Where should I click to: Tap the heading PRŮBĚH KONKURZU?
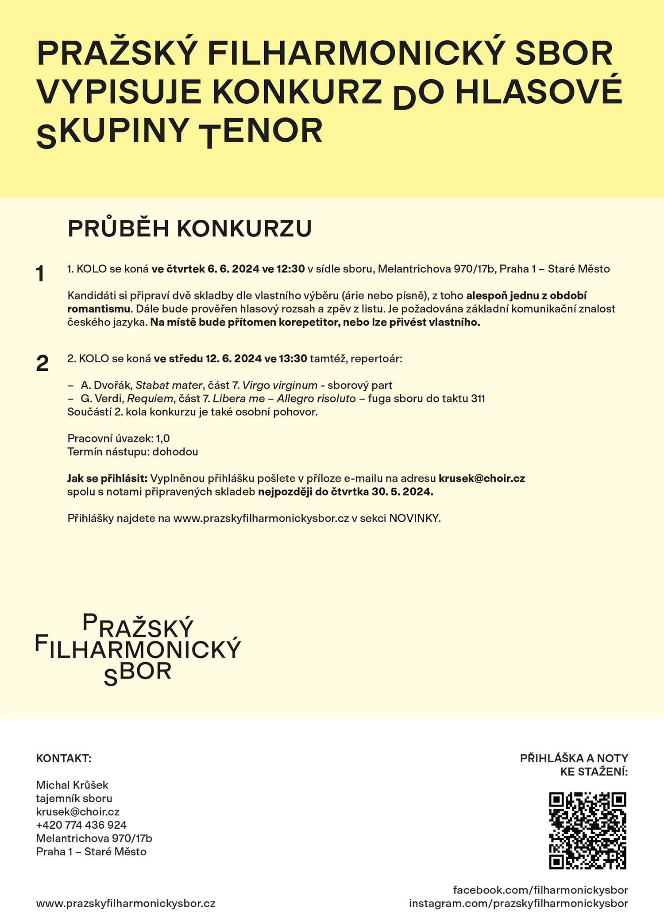click(189, 229)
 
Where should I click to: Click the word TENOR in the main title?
click(261, 132)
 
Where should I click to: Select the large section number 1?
click(40, 274)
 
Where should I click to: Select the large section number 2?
click(42, 364)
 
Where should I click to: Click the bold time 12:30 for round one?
click(291, 269)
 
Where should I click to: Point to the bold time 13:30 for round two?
click(293, 358)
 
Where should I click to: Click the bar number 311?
click(478, 399)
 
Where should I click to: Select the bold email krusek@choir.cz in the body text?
click(482, 478)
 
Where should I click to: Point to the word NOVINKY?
click(415, 519)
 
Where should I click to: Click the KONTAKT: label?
click(63, 758)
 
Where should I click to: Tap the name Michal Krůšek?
click(72, 785)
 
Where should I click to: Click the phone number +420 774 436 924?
click(81, 825)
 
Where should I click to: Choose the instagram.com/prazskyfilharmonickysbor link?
click(518, 903)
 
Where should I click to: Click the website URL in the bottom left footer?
click(126, 903)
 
